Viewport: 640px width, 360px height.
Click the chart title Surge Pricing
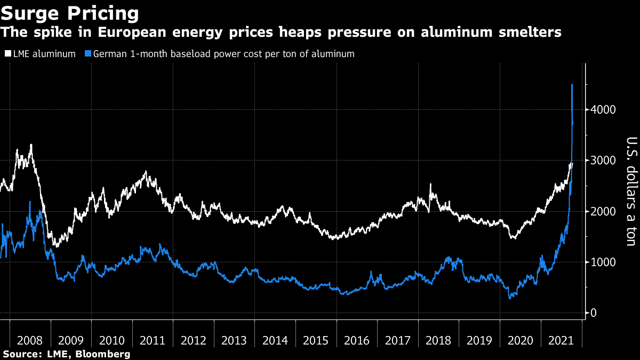click(x=70, y=13)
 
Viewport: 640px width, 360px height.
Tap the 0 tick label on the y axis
click(x=593, y=313)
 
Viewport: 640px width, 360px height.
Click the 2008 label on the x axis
click(x=30, y=340)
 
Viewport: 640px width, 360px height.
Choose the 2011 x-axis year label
click(x=153, y=340)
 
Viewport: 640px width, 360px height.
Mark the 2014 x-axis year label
click(x=275, y=340)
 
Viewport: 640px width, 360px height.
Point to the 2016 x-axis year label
click(x=357, y=340)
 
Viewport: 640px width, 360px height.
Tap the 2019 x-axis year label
click(x=479, y=340)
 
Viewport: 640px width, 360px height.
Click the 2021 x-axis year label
click(x=561, y=340)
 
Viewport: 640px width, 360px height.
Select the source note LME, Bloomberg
click(x=67, y=354)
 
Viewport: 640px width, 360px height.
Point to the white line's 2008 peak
click(x=31, y=145)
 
